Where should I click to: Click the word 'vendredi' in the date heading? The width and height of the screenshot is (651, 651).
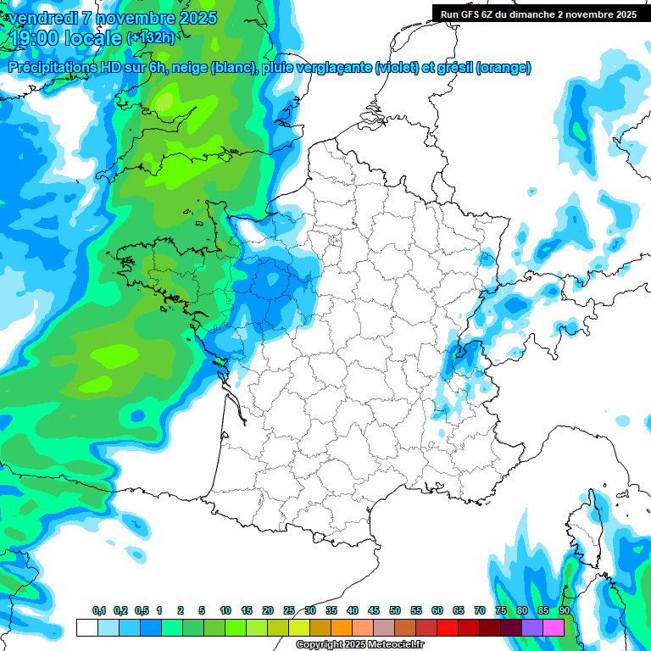click(x=38, y=18)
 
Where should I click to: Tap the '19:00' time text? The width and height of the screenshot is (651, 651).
click(x=32, y=37)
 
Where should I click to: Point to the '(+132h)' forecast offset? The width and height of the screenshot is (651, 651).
click(x=149, y=37)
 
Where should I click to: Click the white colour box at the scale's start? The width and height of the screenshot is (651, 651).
click(x=86, y=628)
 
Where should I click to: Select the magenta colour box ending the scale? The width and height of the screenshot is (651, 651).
click(x=554, y=628)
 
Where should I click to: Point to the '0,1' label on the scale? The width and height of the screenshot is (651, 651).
click(x=98, y=611)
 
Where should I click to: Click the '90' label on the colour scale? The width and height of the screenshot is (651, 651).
click(x=565, y=611)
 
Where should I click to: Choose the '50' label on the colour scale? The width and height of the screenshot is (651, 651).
click(x=395, y=611)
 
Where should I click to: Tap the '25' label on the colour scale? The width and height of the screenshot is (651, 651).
click(x=289, y=611)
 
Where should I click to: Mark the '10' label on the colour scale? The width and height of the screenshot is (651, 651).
click(x=225, y=611)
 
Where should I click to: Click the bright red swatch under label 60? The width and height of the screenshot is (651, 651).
click(x=448, y=628)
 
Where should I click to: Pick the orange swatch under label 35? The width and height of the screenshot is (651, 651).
click(x=342, y=628)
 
